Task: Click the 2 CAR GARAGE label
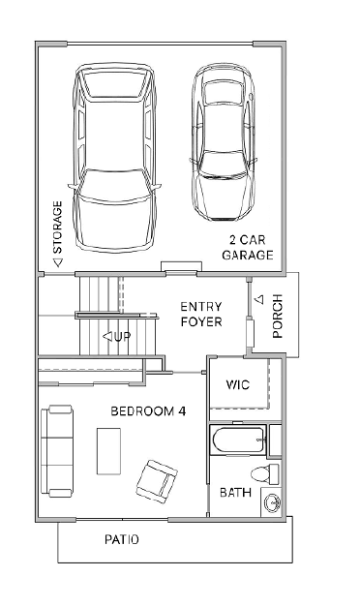248,248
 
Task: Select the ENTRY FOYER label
201,315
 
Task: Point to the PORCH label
278,317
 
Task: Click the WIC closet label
238,384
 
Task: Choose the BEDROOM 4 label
148,411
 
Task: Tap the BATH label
235,493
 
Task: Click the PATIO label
122,539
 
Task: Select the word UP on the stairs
122,336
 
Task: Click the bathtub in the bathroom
238,440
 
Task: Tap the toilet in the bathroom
265,473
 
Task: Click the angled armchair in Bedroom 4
157,482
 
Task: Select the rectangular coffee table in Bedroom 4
108,451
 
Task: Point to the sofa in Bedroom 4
57,451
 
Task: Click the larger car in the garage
114,158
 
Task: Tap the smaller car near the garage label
224,142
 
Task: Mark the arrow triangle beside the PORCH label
260,299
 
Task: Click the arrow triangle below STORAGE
58,262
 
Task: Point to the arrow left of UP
107,336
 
